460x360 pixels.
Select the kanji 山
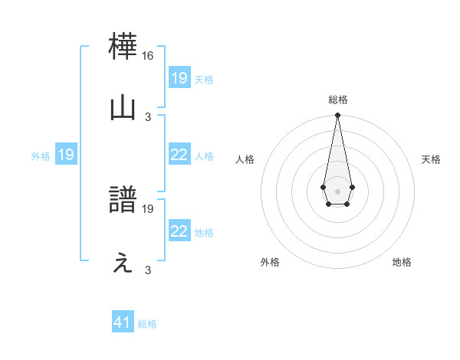coord(123,108)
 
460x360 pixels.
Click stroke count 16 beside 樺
coord(148,57)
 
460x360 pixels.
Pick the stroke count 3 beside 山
coord(148,116)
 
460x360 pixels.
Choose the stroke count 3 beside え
coord(148,270)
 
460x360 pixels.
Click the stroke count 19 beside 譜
coord(148,208)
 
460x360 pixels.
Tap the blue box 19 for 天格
coord(179,78)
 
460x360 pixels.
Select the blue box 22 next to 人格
coord(179,155)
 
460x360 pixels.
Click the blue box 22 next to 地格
coord(179,231)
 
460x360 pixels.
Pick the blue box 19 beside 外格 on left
coord(65,155)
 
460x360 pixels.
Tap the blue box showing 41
coord(123,322)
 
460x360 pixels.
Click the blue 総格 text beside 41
coord(147,324)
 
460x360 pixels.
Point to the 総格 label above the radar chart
coord(337,100)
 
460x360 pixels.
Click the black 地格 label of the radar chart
coord(402,262)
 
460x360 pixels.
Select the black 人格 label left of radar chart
coord(245,159)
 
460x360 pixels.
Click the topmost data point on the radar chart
coord(337,116)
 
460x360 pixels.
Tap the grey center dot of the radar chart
coord(337,191)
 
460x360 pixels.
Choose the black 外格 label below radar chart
coord(270,262)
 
